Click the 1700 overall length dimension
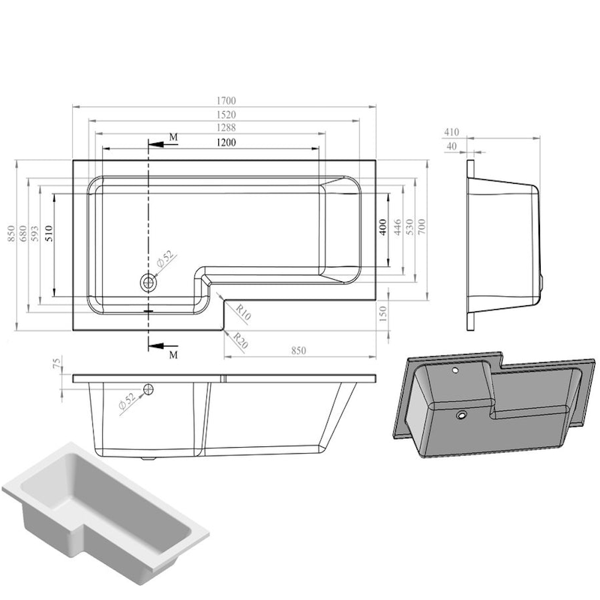(x=226, y=100)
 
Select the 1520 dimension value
(x=226, y=115)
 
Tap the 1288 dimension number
(x=226, y=127)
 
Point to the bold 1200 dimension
(x=226, y=142)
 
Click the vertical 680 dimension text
(x=23, y=233)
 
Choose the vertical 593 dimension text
(x=34, y=233)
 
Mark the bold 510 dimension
(x=49, y=233)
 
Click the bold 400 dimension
(x=383, y=227)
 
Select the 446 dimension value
(x=397, y=227)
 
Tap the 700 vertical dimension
(x=421, y=227)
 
